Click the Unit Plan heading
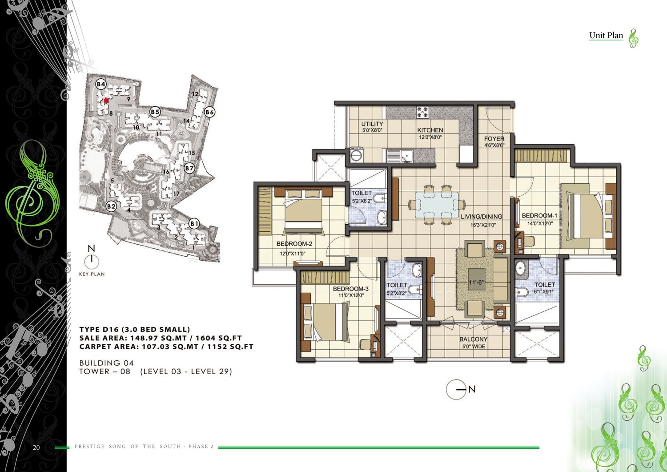[606, 36]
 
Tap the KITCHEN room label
[430, 130]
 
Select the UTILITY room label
[372, 124]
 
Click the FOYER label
[494, 139]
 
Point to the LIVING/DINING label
[482, 217]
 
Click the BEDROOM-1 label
[539, 216]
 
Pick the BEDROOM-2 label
[294, 244]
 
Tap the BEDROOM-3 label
[351, 289]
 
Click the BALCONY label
[474, 339]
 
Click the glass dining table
[437, 205]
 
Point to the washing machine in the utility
[356, 155]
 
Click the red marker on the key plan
[106, 101]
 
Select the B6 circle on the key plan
[209, 112]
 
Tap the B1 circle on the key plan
[194, 223]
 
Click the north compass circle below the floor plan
[456, 389]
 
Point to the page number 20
[36, 448]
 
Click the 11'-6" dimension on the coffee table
[476, 282]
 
